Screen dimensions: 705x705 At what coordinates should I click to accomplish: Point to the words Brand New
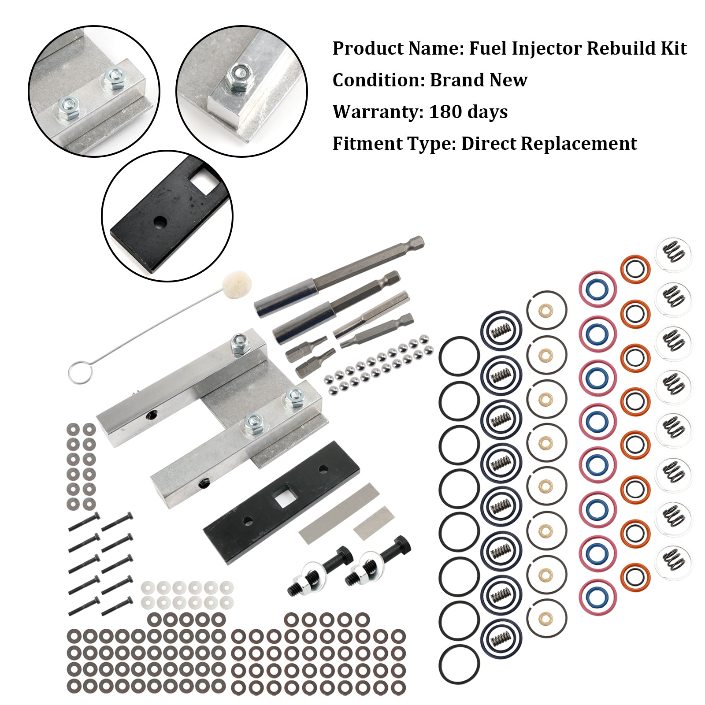tap(479, 80)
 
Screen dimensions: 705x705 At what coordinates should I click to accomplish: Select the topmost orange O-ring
tap(635, 269)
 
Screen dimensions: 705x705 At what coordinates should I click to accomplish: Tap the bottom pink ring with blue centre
tap(597, 598)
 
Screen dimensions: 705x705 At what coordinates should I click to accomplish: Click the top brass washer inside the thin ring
tap(546, 311)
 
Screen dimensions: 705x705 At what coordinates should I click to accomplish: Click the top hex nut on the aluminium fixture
tap(240, 344)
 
